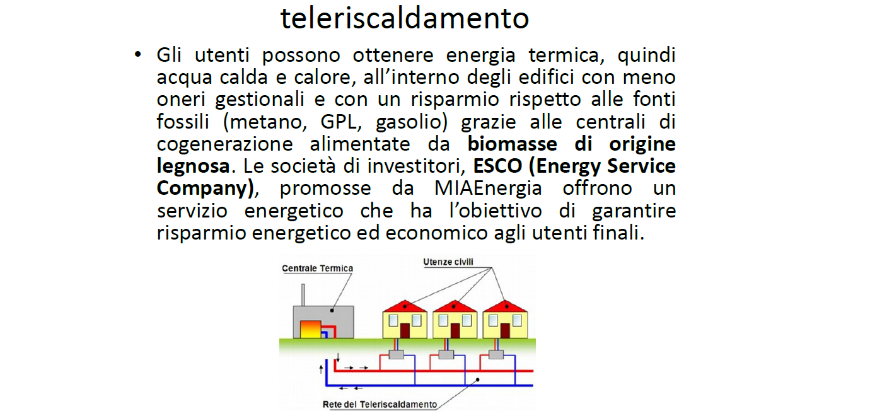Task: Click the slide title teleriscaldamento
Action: (405, 18)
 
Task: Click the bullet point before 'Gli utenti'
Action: (138, 54)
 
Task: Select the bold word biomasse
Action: (512, 144)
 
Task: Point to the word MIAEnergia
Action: (488, 188)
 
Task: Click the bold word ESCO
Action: (497, 166)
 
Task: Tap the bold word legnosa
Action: (194, 166)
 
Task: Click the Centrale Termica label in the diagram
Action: (317, 269)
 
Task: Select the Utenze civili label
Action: (448, 262)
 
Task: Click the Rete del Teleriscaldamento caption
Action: (380, 405)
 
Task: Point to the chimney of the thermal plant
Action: (303, 295)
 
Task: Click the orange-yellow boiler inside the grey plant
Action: (310, 330)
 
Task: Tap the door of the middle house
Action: (455, 331)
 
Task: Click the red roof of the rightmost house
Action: (505, 306)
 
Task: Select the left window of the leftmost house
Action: (393, 320)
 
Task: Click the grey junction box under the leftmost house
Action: (396, 354)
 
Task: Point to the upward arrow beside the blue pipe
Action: (321, 369)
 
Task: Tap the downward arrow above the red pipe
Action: (338, 357)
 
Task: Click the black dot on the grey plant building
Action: (332, 310)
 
